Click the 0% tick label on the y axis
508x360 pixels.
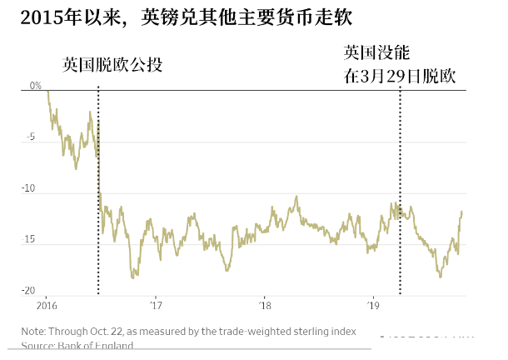pos(35,86)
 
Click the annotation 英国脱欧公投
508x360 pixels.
pos(112,64)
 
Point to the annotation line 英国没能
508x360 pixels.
pos(376,52)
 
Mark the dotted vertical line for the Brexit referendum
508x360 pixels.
pos(98,192)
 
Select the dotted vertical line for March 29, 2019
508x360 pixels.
pos(400,192)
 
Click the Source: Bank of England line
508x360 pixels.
pos(77,345)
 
